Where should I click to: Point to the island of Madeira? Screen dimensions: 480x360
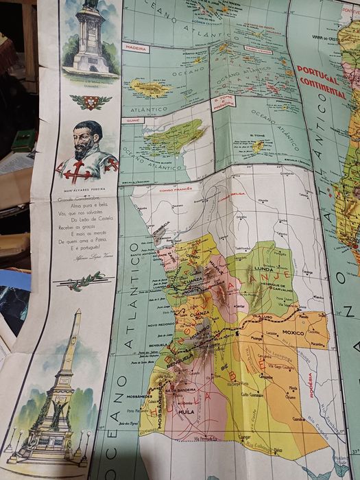point(149,88)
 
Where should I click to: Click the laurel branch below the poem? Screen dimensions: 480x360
point(88,280)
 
